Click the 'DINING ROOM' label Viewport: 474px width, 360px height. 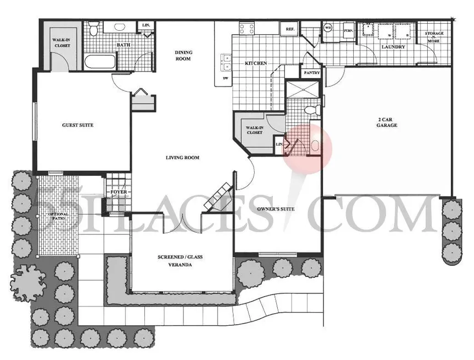(x=183, y=55)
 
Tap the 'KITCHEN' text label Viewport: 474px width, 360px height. (x=256, y=63)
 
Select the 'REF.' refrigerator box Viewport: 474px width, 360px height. (x=288, y=29)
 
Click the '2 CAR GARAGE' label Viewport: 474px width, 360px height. (x=387, y=122)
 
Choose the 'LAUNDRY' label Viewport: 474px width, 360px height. (x=394, y=47)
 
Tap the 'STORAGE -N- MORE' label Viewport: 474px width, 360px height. (x=434, y=37)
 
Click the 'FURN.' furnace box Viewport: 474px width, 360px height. (x=348, y=31)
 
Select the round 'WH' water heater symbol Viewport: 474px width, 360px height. (x=327, y=27)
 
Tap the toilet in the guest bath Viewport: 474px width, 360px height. (x=94, y=27)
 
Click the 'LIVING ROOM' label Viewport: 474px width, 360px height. (x=182, y=158)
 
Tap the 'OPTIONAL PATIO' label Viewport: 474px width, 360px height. (x=58, y=217)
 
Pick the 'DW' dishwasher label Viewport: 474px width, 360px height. (x=225, y=78)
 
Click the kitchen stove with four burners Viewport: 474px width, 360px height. (x=246, y=29)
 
